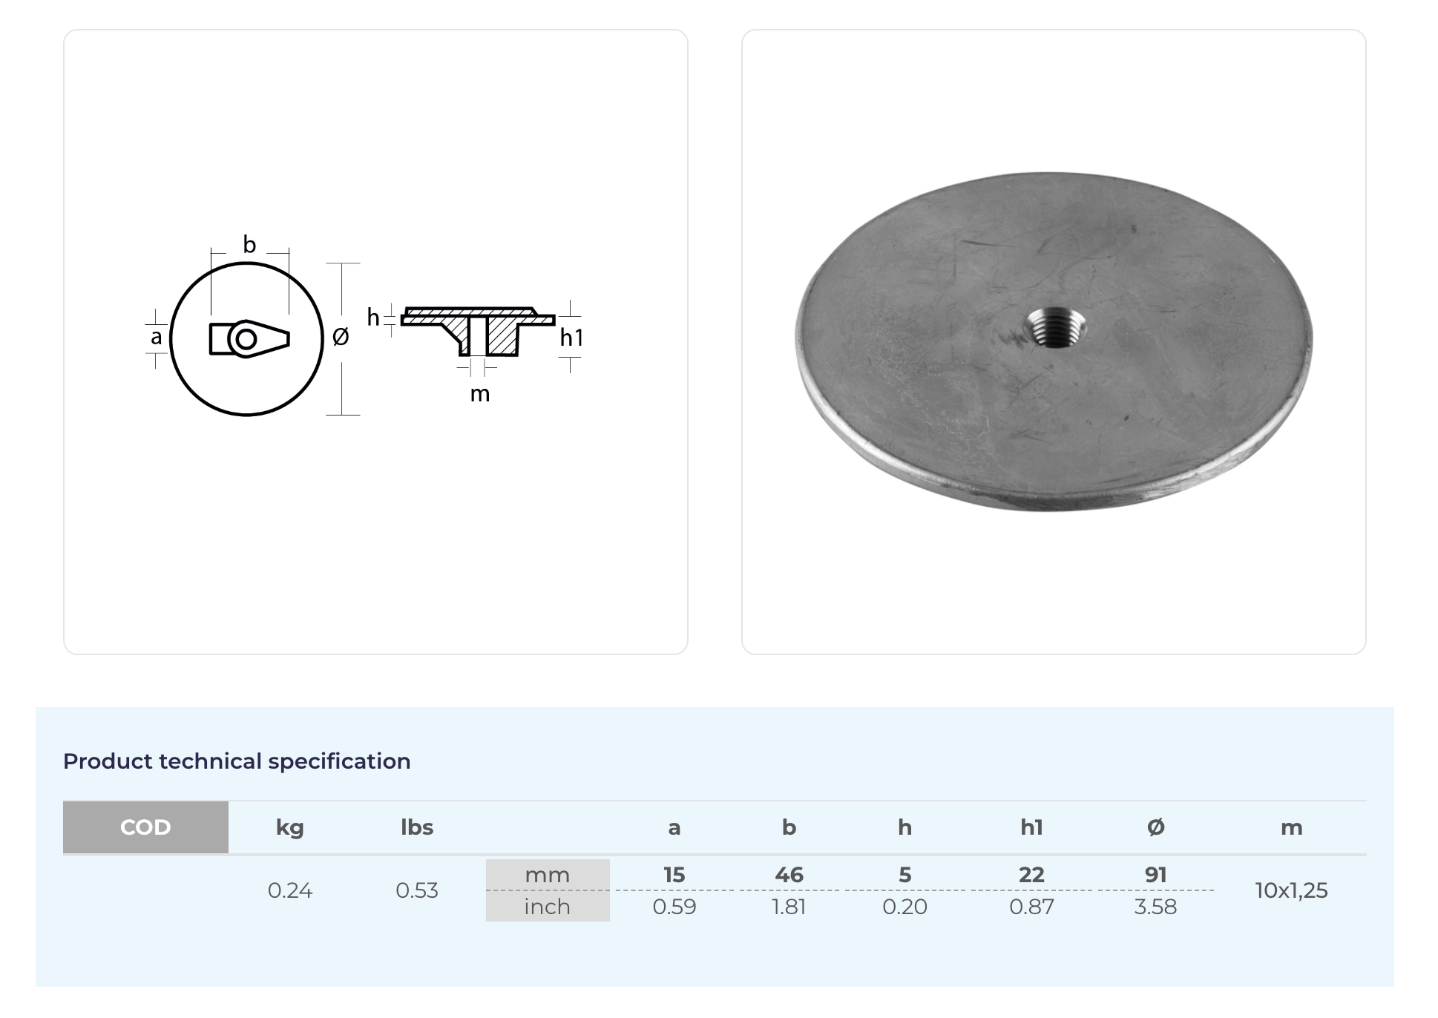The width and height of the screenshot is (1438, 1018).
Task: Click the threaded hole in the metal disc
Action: [1054, 327]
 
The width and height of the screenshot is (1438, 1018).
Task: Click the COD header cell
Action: [145, 827]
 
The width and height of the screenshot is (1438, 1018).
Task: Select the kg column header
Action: [289, 828]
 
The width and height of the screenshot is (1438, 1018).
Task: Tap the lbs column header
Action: [417, 827]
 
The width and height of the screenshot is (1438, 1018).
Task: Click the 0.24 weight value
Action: [290, 890]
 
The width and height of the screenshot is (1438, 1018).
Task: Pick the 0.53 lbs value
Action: [417, 890]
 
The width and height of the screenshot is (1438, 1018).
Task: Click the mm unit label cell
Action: [548, 875]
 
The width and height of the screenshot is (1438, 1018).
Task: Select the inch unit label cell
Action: [548, 907]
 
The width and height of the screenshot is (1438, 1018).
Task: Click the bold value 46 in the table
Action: [789, 875]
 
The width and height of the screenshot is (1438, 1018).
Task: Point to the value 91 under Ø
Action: [1155, 875]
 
